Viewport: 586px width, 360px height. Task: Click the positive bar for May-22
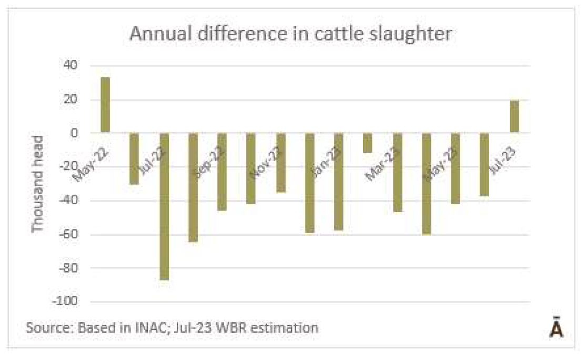[105, 105]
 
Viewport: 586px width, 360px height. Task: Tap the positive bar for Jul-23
[514, 116]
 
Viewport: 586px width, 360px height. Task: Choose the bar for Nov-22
[281, 163]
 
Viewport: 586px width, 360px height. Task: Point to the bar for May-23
[456, 168]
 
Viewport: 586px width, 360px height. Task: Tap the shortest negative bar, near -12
[368, 143]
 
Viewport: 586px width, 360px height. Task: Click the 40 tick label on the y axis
[70, 66]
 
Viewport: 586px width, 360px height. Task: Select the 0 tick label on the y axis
[74, 133]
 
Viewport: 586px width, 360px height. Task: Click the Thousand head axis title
[38, 184]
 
